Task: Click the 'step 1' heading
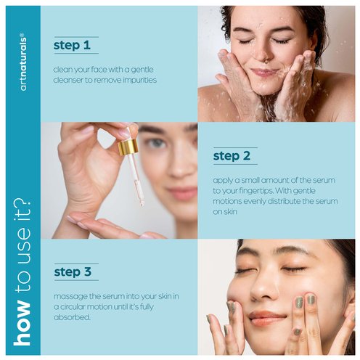point(72,45)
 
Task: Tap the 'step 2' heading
point(232,156)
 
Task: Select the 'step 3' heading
point(73,272)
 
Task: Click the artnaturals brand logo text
point(23,64)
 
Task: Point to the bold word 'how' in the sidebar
point(22,322)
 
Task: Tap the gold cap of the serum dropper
point(128,147)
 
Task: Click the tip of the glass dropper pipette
point(142,205)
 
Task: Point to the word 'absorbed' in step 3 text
point(72,317)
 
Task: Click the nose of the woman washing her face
point(261,54)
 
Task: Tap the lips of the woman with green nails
point(266,318)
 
